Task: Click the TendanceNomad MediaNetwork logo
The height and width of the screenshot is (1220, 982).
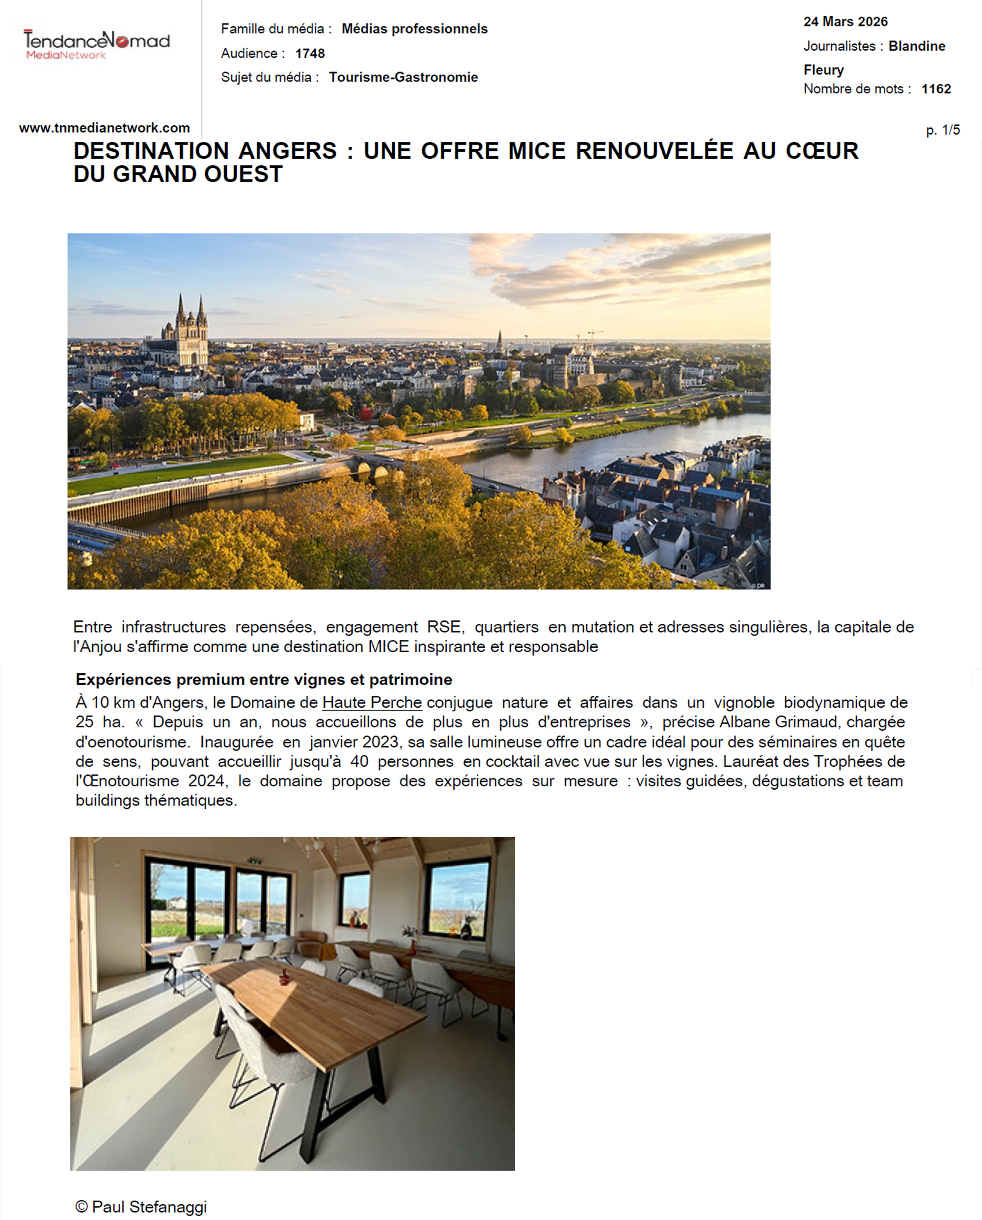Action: point(96,45)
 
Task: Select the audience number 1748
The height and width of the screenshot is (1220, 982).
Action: point(309,53)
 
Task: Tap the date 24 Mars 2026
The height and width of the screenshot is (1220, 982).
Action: point(845,22)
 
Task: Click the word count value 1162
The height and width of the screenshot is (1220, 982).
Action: point(936,89)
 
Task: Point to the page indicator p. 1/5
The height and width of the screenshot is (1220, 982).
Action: point(942,130)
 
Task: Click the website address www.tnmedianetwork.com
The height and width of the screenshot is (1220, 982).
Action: point(104,128)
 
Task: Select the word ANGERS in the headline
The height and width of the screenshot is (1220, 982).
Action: point(287,151)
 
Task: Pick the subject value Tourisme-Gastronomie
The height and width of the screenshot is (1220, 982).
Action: point(403,77)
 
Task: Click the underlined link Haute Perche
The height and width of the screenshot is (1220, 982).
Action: point(372,702)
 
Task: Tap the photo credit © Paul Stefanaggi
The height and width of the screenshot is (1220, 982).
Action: point(141,1206)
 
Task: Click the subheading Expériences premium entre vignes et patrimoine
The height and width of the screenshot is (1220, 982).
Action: point(264,679)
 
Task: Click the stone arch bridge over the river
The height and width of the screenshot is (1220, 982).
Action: point(371,468)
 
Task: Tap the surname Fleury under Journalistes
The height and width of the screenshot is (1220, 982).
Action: point(823,70)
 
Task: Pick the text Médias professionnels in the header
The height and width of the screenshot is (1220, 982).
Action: point(414,29)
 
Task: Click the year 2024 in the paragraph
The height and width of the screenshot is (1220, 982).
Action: point(207,781)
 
